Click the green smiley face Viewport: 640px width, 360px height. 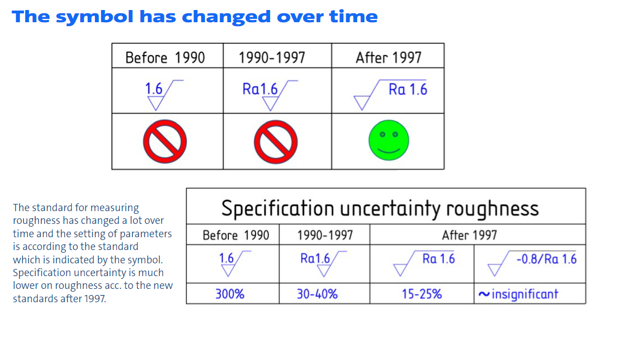tap(388, 140)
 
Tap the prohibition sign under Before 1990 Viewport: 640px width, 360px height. tap(165, 142)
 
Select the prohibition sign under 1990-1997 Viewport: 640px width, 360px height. tap(276, 142)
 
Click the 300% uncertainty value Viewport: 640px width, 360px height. tap(230, 294)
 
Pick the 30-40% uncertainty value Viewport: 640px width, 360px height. tap(317, 294)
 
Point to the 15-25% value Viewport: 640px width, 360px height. tap(422, 294)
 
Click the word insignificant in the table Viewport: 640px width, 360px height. tap(525, 294)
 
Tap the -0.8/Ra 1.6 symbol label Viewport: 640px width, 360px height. tap(547, 259)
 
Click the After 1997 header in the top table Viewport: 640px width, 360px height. tap(388, 58)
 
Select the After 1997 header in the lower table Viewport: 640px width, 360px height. tap(469, 235)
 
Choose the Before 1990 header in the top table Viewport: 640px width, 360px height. tap(165, 58)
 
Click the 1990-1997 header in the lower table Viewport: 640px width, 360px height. tap(325, 235)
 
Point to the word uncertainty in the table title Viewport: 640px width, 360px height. tap(390, 208)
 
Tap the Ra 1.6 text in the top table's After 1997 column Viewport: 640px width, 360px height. tap(408, 89)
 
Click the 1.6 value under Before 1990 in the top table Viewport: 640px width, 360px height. tap(154, 88)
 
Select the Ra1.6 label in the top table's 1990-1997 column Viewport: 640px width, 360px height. tap(260, 88)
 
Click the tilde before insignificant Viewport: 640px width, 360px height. tap(484, 294)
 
